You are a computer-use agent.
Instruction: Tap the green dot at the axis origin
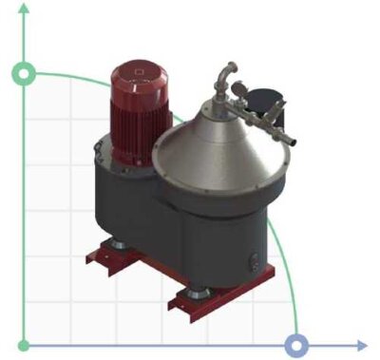22,343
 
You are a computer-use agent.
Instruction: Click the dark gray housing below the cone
214,237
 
